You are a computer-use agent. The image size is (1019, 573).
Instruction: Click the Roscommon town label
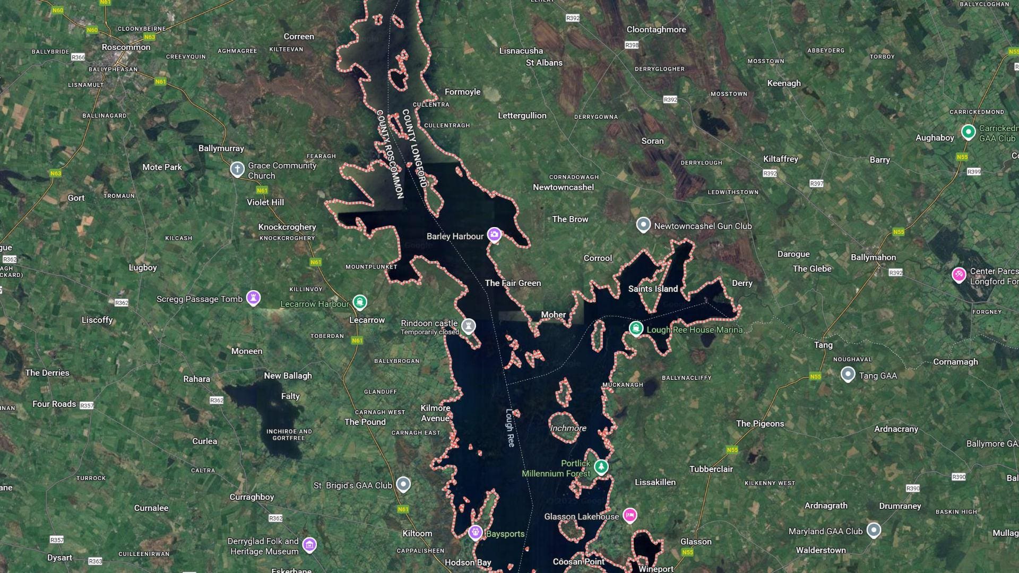pyautogui.click(x=126, y=47)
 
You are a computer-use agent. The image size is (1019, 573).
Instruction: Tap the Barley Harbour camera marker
pyautogui.click(x=494, y=235)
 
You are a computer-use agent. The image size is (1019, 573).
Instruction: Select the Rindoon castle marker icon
pyautogui.click(x=468, y=325)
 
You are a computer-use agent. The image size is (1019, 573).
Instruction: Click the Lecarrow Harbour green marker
pyautogui.click(x=360, y=302)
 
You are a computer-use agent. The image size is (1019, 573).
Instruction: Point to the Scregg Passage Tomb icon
pyautogui.click(x=254, y=298)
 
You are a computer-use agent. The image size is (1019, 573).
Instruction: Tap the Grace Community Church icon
pyautogui.click(x=237, y=169)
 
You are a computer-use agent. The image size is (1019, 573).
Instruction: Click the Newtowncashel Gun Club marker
pyautogui.click(x=643, y=225)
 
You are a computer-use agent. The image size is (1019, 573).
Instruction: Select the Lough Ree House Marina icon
pyautogui.click(x=636, y=328)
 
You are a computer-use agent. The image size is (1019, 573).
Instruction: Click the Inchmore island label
pyautogui.click(x=568, y=428)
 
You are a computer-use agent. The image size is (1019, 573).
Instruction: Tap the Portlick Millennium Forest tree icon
pyautogui.click(x=601, y=466)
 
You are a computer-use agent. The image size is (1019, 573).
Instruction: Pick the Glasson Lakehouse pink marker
pyautogui.click(x=629, y=515)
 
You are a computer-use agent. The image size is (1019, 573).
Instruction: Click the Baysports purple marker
pyautogui.click(x=475, y=532)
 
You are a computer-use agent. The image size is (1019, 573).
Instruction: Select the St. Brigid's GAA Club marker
pyautogui.click(x=403, y=484)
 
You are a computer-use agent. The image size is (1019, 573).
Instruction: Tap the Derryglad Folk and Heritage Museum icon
pyautogui.click(x=309, y=544)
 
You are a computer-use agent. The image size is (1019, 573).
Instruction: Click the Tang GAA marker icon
pyautogui.click(x=848, y=375)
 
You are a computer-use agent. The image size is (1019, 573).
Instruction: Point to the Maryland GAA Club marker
pyautogui.click(x=874, y=530)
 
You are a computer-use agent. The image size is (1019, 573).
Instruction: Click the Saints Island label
pyautogui.click(x=653, y=289)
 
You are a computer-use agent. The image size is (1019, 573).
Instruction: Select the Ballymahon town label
pyautogui.click(x=873, y=257)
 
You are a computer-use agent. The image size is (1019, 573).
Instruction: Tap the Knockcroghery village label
pyautogui.click(x=287, y=227)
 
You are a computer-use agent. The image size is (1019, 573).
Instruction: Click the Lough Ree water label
pyautogui.click(x=510, y=427)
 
